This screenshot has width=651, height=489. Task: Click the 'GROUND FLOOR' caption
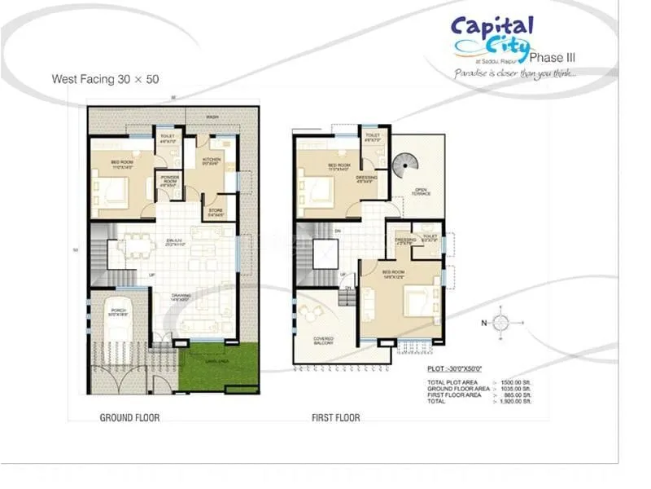coord(129,417)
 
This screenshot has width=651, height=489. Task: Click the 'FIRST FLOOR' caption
coord(335,417)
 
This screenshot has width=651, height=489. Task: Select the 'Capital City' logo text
coord(492,37)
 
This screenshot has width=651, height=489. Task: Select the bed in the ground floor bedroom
coord(111,191)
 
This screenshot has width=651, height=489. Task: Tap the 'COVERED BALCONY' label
coord(323,340)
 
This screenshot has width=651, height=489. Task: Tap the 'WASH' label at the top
coord(212,117)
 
